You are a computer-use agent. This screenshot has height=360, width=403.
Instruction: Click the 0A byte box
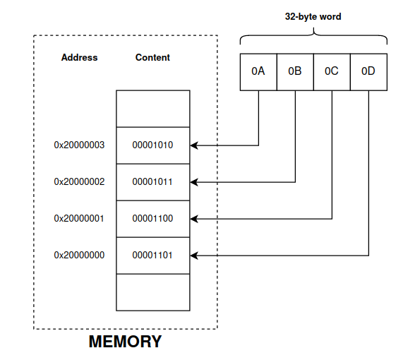[258, 71]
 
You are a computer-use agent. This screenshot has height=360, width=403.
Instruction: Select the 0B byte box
[295, 71]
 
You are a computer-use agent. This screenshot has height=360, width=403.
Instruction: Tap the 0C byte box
[332, 71]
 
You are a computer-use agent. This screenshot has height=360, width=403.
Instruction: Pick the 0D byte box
[368, 71]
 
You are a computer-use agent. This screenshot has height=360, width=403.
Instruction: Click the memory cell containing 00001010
[152, 145]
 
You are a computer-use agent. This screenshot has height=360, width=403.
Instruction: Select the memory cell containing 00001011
[152, 182]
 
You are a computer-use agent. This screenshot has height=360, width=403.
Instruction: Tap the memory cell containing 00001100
[152, 219]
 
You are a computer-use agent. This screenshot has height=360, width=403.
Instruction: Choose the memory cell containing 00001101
[152, 255]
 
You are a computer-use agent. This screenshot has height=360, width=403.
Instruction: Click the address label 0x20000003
[79, 145]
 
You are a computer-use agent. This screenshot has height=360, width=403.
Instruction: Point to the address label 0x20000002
[79, 182]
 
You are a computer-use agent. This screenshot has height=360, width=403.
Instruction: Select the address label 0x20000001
[79, 219]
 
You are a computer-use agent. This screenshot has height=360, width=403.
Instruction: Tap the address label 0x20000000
[79, 255]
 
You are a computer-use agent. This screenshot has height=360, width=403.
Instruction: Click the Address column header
[79, 57]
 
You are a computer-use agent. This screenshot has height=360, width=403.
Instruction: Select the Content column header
[152, 57]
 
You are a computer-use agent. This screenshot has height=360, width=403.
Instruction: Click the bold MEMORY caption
[125, 342]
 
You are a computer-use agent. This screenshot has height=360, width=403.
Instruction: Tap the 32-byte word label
[313, 16]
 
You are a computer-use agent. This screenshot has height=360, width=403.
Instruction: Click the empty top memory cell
[152, 109]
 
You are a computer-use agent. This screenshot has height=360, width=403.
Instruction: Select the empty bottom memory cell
[152, 292]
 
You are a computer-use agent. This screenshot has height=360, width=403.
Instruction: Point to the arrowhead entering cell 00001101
[195, 255]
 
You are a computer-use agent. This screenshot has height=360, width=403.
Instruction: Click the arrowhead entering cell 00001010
[195, 145]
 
